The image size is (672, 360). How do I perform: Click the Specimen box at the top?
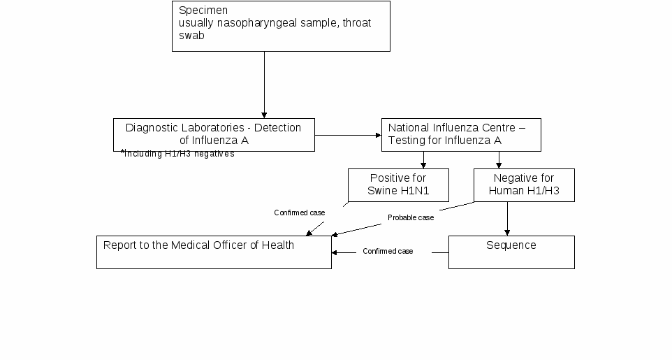(281, 26)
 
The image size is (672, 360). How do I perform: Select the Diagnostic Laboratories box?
(214, 135)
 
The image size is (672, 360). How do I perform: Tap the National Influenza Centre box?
(461, 135)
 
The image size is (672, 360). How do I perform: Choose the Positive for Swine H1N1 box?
(399, 185)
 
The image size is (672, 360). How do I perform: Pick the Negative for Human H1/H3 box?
(524, 185)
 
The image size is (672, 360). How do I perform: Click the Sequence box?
(512, 252)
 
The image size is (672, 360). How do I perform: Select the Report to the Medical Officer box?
(214, 252)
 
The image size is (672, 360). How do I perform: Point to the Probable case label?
(411, 217)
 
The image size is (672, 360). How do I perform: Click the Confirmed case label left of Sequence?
(388, 251)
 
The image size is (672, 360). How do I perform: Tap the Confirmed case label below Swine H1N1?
(300, 213)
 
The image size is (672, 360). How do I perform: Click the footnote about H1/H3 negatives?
(177, 154)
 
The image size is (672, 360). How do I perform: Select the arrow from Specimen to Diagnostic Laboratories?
(264, 85)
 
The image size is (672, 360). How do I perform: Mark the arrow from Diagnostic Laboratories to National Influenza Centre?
(348, 135)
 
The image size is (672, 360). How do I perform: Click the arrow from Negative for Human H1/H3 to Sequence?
(507, 219)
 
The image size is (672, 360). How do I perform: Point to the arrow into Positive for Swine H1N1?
(423, 160)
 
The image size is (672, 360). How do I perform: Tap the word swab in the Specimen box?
(191, 35)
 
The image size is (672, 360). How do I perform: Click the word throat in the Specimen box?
(357, 23)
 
